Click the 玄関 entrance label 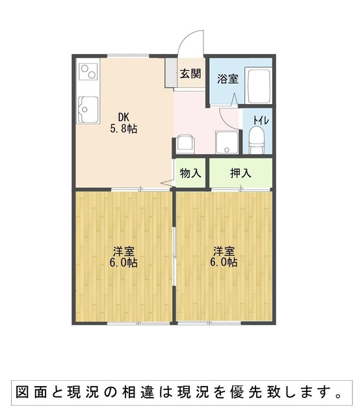click(190, 73)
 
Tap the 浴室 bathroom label click(227, 79)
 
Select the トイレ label click(261, 120)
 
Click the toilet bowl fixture click(257, 140)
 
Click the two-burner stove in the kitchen click(88, 71)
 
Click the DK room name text click(123, 117)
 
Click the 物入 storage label click(190, 174)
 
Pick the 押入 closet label click(240, 174)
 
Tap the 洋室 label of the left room click(123, 251)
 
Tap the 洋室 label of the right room click(224, 251)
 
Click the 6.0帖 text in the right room click(224, 263)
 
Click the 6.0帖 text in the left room click(123, 263)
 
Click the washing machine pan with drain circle click(227, 142)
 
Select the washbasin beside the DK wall click(185, 144)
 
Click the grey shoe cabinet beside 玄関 click(171, 72)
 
